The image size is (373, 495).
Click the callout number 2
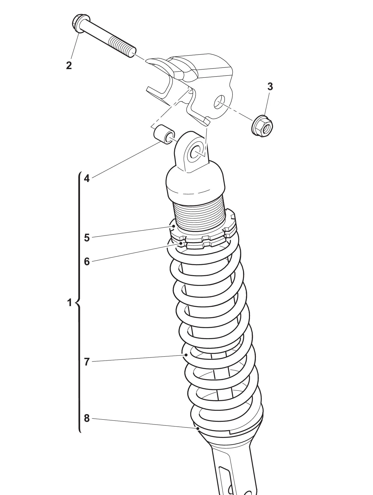click(x=69, y=66)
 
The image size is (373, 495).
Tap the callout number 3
click(x=270, y=87)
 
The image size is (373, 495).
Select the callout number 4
click(x=87, y=178)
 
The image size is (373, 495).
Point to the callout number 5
click(x=87, y=238)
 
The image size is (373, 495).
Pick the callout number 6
click(x=87, y=262)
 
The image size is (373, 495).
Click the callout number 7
click(x=87, y=362)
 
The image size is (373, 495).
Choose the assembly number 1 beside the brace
click(x=69, y=303)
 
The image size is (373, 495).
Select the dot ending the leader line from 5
click(x=174, y=226)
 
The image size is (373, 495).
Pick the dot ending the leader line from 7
click(x=186, y=354)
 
